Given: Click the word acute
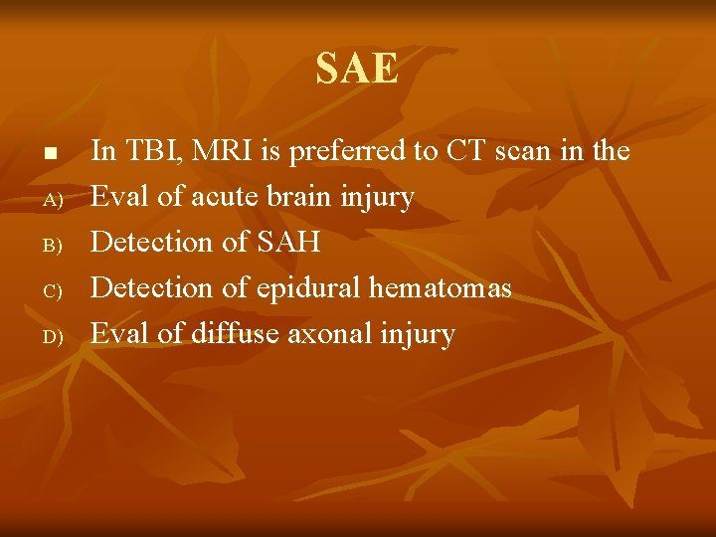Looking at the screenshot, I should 225,198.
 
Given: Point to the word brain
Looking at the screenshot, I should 301,197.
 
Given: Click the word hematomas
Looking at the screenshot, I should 441,288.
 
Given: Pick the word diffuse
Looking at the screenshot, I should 234,334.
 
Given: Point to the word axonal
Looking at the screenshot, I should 328,334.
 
